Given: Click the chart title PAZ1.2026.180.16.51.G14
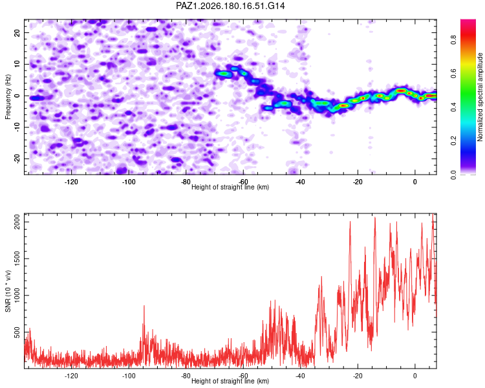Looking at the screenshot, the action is [230, 6].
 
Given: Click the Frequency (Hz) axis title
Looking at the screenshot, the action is [8, 97].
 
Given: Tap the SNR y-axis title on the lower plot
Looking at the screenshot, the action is [8, 291].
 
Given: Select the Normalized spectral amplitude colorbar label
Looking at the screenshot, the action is [480, 97].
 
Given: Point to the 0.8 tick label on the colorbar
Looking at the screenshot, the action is [453, 40].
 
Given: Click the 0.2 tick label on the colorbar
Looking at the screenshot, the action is [453, 140].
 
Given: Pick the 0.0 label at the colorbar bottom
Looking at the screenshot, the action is [453, 175].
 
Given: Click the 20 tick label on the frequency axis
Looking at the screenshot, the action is [17, 32].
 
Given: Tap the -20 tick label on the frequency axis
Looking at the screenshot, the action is [17, 158].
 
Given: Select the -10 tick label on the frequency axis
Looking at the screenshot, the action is [17, 127].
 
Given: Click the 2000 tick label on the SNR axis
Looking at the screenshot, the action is [17, 222].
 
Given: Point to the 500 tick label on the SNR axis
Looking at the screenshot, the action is [17, 332].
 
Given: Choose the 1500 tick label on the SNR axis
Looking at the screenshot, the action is [17, 259].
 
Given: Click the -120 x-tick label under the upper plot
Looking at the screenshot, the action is [71, 182].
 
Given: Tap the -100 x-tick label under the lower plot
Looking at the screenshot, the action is [129, 376].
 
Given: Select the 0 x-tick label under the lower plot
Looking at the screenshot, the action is [415, 376].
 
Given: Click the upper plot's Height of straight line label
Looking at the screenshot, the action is [230, 187].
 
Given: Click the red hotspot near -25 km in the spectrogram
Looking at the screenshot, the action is [343, 105].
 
